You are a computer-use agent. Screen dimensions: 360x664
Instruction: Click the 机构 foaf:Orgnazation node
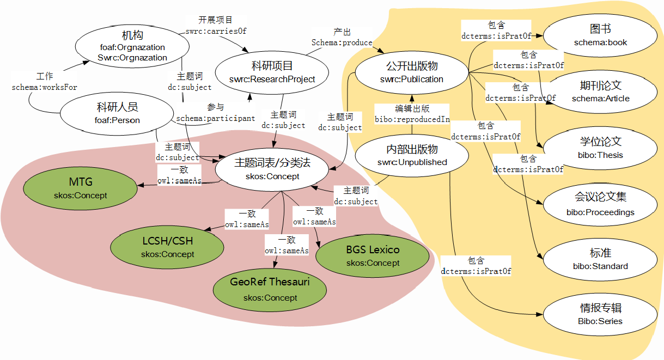click(132, 47)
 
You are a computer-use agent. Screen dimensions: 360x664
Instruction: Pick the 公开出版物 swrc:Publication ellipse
click(412, 72)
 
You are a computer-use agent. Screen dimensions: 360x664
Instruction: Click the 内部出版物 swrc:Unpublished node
click(412, 155)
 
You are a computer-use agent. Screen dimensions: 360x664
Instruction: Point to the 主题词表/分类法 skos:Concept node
click(272, 169)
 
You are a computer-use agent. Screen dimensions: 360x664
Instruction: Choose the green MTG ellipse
click(81, 188)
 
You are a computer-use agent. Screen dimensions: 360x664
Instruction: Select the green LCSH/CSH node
click(167, 247)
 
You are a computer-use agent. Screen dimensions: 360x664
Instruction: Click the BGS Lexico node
click(373, 256)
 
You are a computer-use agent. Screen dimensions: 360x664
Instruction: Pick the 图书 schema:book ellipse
click(600, 35)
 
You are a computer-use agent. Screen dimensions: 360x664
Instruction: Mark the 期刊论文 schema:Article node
click(600, 91)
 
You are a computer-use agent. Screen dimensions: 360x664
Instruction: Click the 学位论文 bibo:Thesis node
click(600, 148)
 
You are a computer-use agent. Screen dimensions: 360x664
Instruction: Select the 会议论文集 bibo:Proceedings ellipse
click(600, 205)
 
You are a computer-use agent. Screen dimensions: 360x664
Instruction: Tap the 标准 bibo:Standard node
click(600, 259)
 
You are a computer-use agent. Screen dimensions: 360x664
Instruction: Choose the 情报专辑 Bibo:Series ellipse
click(600, 314)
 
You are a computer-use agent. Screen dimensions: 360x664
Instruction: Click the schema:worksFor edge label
click(45, 87)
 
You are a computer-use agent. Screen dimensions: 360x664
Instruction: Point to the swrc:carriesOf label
click(216, 31)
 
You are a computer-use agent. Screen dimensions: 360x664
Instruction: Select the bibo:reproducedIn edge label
click(412, 119)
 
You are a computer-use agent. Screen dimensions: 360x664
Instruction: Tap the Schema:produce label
click(342, 42)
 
